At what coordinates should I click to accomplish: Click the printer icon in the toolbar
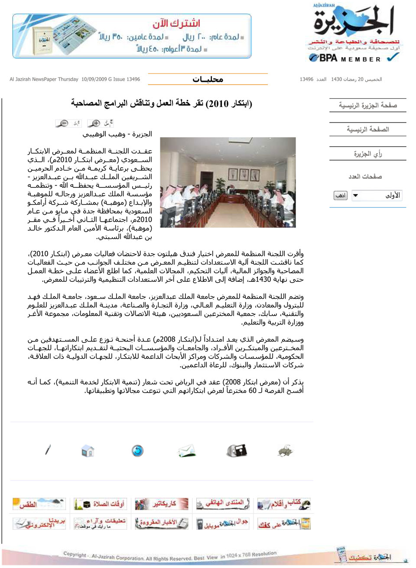pos(285,451)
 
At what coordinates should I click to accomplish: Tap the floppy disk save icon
pos(237,451)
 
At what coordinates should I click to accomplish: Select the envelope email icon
pos(186,451)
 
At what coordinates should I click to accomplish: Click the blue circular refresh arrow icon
pos(137,451)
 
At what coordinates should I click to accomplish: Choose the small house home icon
pos(88,451)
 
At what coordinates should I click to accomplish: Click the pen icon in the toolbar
pos(48,450)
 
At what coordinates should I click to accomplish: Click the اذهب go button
pos(341,196)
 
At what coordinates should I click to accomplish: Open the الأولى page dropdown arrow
pos(355,196)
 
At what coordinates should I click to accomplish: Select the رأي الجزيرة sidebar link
pos(367,154)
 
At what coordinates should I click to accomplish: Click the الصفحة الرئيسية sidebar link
pos(367,129)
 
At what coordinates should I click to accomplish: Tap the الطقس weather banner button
pos(39,504)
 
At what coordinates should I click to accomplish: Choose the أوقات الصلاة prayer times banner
pos(100,504)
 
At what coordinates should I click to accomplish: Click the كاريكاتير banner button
pos(161,504)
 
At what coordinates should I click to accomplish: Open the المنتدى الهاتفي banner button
pos(223,504)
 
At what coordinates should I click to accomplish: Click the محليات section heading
pos(208,79)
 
